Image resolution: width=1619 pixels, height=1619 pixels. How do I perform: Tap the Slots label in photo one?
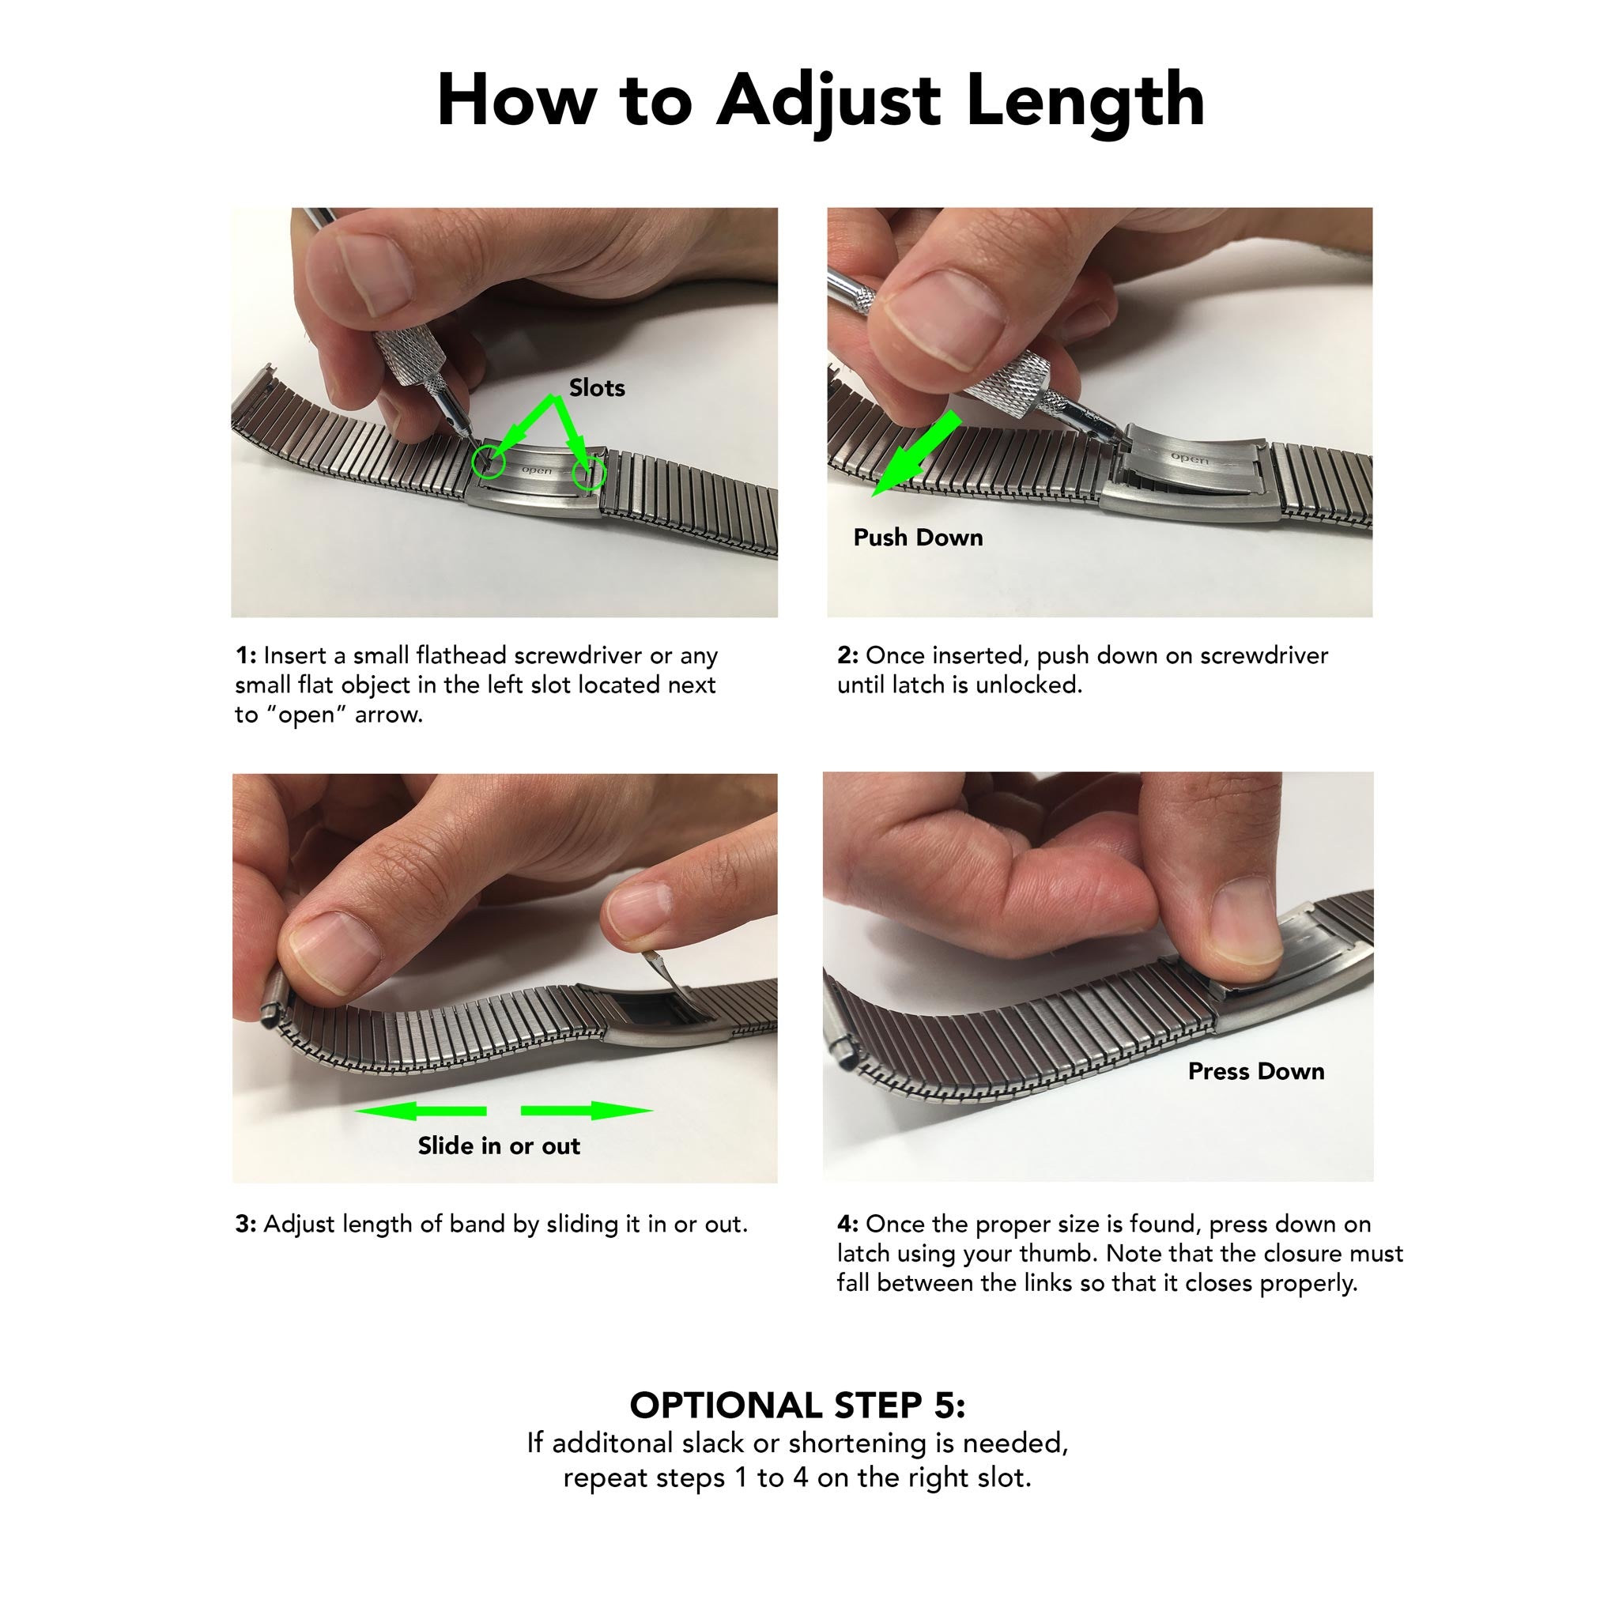coord(597,388)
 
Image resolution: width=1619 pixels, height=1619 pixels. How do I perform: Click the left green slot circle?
coord(488,462)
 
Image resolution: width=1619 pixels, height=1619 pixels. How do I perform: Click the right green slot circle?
coord(588,474)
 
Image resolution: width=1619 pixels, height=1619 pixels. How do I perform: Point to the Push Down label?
coord(918,537)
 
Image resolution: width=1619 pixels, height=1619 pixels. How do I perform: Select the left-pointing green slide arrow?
coord(419,1111)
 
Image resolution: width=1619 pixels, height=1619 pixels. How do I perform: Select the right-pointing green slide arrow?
coord(587,1111)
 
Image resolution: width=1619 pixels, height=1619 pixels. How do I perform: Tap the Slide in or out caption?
coord(499,1145)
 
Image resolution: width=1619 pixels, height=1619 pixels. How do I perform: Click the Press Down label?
coord(1255,1071)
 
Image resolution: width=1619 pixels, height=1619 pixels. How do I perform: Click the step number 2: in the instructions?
coord(847,655)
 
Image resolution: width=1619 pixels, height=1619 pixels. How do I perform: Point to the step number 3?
coord(246,1225)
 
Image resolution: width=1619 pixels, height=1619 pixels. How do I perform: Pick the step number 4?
coord(847,1225)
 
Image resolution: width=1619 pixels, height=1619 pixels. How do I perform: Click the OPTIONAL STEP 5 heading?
coord(797,1406)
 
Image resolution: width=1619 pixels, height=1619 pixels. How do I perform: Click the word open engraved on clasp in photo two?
coord(1188,459)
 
